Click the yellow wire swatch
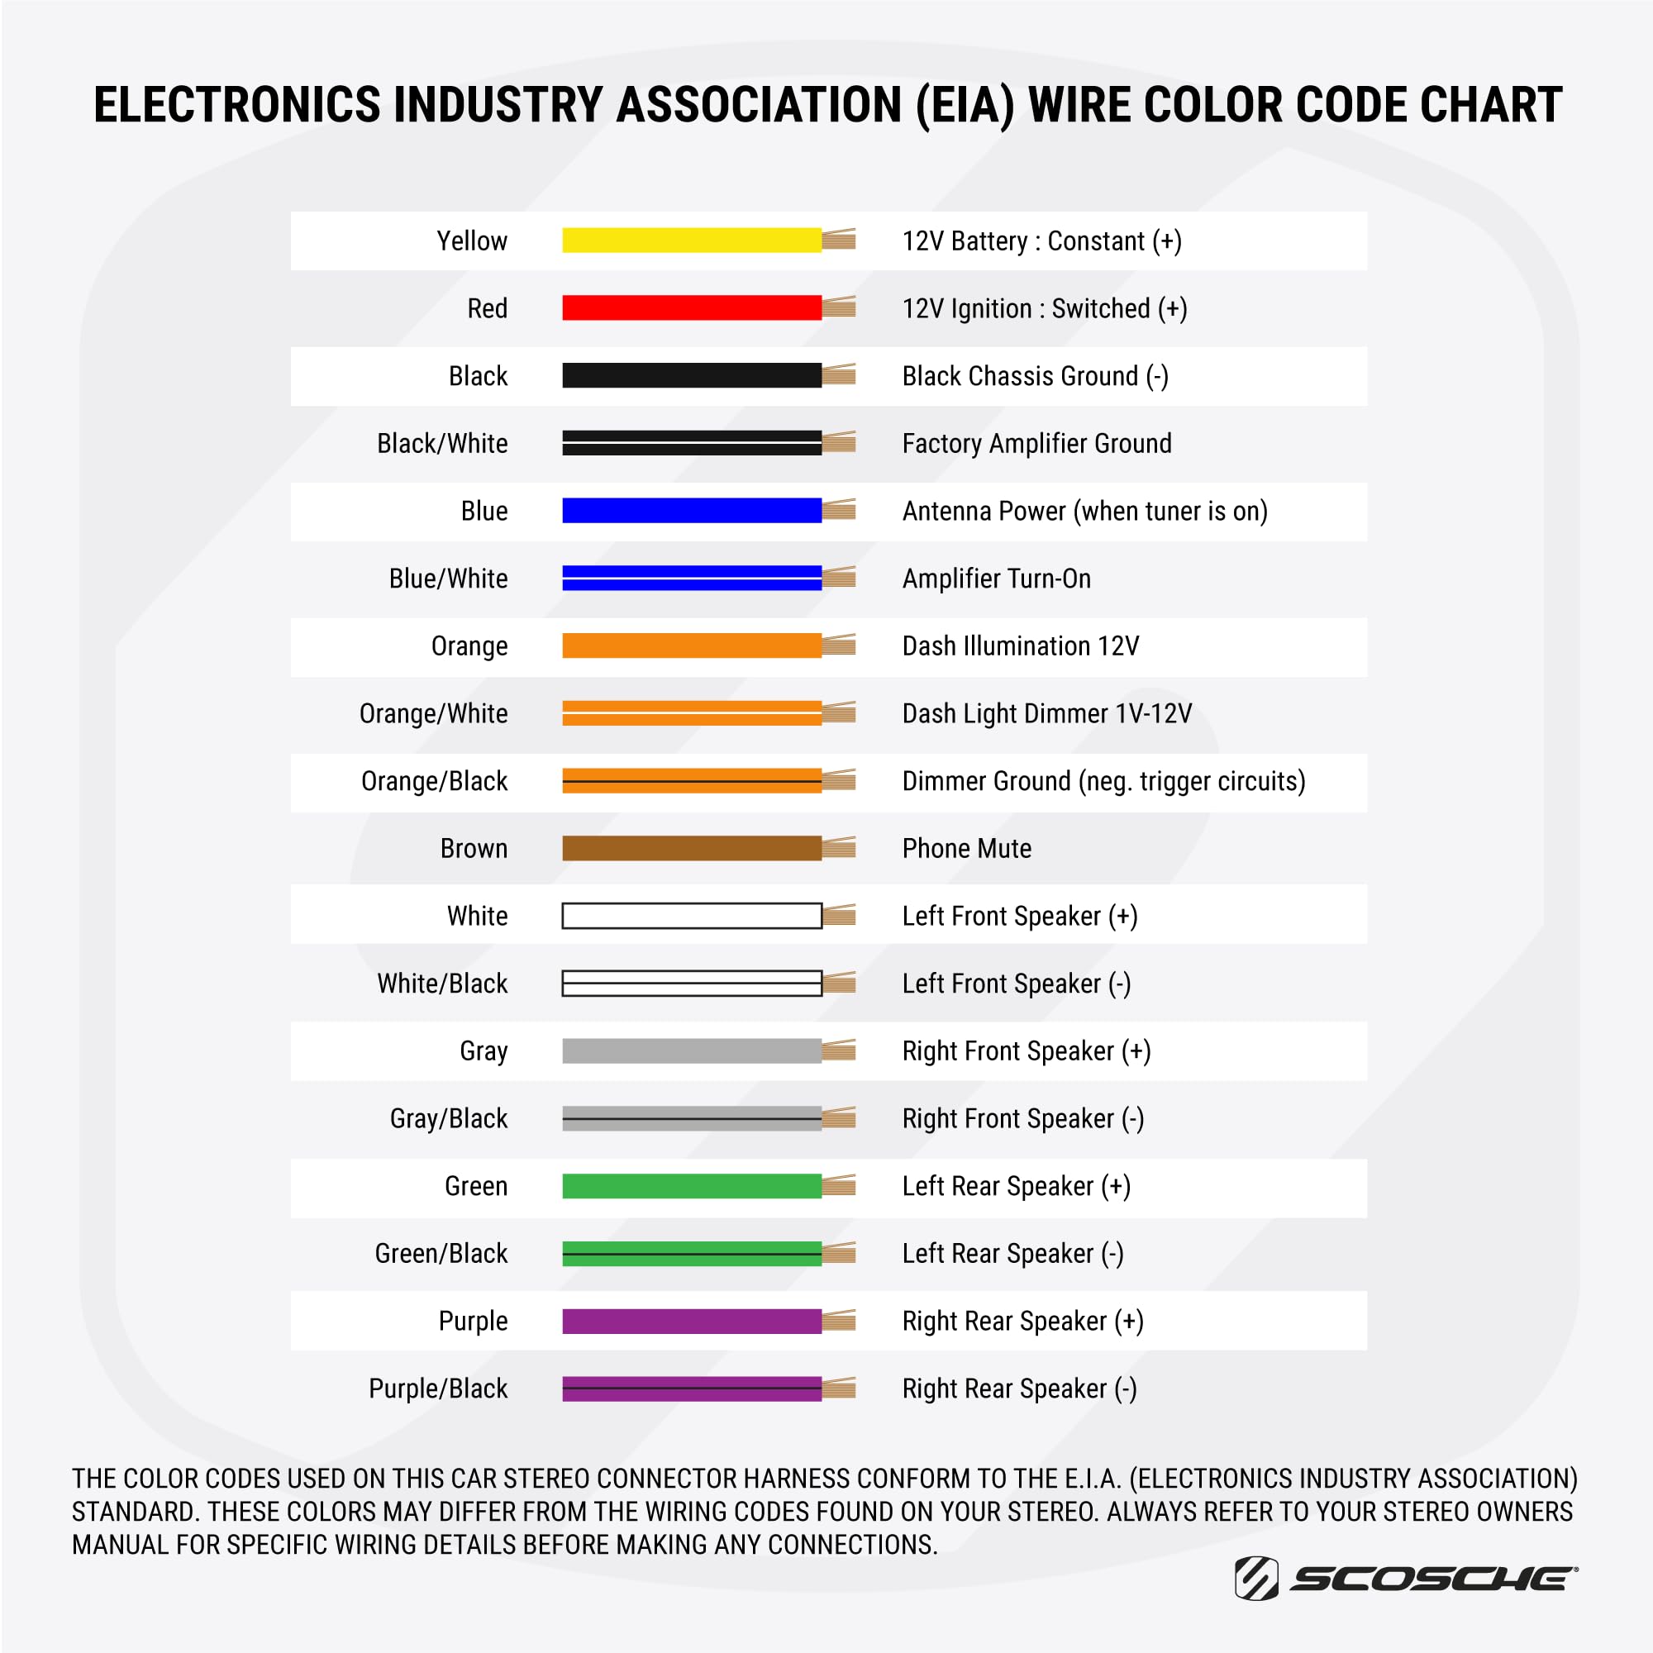691,241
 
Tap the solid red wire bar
691,308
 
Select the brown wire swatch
691,848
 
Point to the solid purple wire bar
691,1321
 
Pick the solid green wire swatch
691,1186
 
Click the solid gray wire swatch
691,1050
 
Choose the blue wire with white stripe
691,579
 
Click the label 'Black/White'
442,443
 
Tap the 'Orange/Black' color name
434,781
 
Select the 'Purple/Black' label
438,1389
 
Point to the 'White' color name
477,917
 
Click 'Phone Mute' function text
967,849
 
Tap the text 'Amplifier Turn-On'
997,579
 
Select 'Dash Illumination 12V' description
1021,646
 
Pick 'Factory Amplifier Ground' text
1037,443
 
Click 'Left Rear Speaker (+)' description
1017,1186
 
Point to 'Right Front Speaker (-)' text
1023,1119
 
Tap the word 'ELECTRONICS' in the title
237,105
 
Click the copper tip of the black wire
838,374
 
